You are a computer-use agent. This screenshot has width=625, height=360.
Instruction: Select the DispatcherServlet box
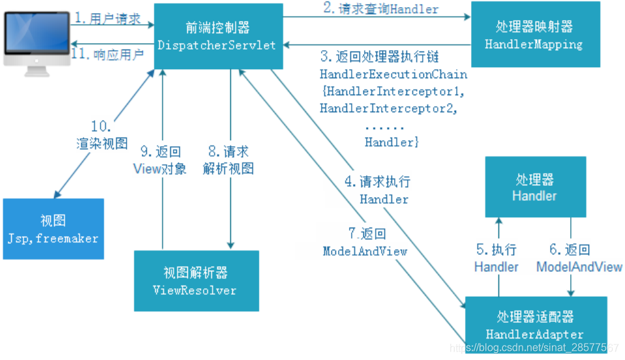pos(219,37)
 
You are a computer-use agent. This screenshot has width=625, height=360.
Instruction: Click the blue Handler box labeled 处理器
pos(534,187)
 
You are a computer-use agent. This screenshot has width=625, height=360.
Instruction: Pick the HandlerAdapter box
pos(535,325)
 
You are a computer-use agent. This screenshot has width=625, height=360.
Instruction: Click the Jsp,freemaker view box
pos(53,229)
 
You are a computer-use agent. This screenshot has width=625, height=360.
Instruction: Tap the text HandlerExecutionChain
pos(393,74)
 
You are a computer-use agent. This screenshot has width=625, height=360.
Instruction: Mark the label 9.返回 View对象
pos(160,160)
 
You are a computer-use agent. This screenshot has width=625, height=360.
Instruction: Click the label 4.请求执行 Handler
pos(385,190)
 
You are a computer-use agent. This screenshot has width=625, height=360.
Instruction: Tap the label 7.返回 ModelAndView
pos(365,242)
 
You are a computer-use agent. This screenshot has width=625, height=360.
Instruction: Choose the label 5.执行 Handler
pos(496,258)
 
